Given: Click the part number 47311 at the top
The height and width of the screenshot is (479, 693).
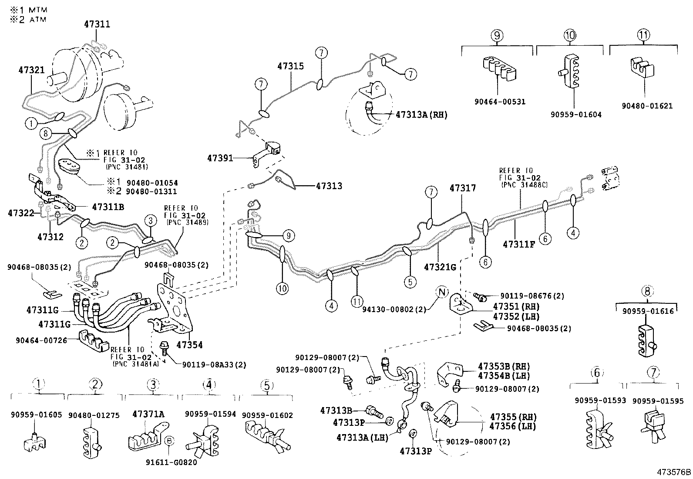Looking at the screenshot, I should [97, 24].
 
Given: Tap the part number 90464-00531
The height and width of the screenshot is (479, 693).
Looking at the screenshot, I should [500, 102].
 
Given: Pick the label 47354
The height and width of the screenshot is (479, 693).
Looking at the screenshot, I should [189, 345].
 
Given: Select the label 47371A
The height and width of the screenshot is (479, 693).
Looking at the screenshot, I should [148, 414].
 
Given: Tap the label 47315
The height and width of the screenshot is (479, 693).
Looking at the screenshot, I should [291, 66].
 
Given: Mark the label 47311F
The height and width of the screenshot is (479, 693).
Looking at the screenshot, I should [519, 245].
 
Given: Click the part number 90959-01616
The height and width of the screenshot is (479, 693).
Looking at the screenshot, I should [648, 311].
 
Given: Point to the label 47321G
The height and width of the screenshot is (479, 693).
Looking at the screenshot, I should [440, 267].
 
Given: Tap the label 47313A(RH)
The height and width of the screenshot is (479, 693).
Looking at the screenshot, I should [421, 115].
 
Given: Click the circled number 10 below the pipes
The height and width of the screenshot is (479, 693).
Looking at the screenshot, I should [283, 289].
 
